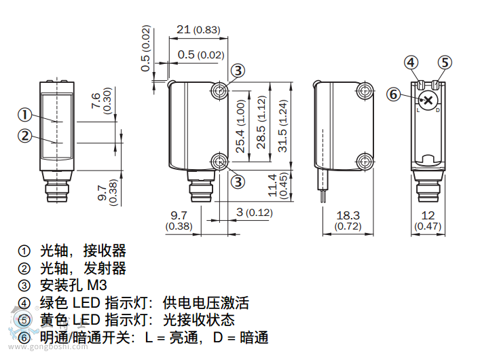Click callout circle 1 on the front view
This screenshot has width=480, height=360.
click(x=24, y=114)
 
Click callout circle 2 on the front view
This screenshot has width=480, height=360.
click(x=24, y=135)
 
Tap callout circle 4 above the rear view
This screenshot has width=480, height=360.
click(x=411, y=62)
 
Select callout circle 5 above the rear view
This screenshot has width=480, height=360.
click(x=443, y=62)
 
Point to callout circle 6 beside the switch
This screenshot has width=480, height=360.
click(x=392, y=94)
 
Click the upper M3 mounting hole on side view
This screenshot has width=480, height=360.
click(x=219, y=90)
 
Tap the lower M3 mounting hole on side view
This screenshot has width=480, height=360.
click(x=219, y=162)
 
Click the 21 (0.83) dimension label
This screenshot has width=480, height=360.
click(x=198, y=30)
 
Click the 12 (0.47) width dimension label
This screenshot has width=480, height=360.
click(x=428, y=220)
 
